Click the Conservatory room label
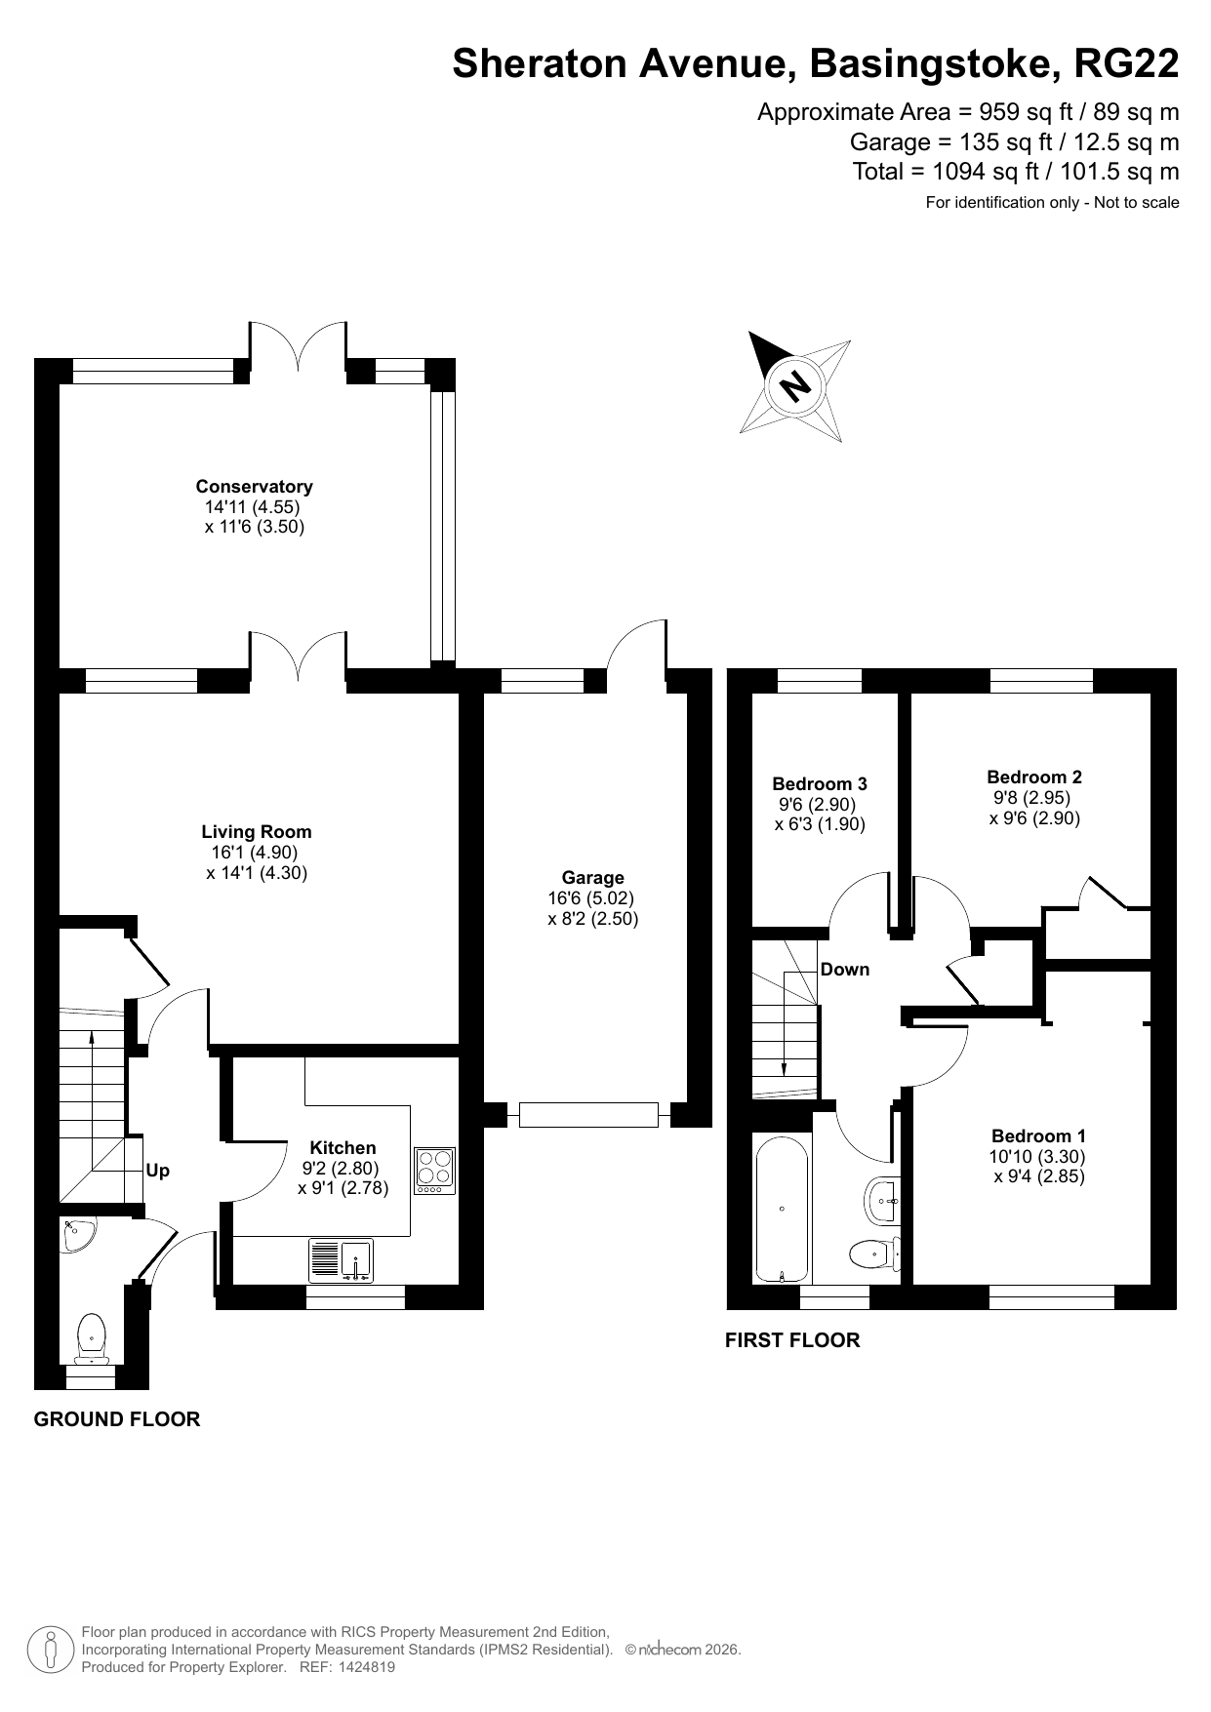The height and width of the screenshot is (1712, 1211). click(x=254, y=487)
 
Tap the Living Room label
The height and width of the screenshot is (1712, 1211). click(x=257, y=832)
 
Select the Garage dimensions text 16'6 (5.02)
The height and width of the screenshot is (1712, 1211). click(x=592, y=897)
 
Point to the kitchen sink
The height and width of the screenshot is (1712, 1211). click(x=341, y=1259)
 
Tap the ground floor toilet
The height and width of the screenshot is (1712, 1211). click(x=91, y=1337)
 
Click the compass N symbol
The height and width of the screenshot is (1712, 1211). click(x=795, y=385)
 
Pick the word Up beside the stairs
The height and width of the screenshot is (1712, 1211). click(x=157, y=1171)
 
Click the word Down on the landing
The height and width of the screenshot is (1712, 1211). click(x=845, y=970)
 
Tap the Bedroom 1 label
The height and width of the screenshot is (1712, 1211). click(x=1038, y=1135)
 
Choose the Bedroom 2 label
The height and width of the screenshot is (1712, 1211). click(x=1034, y=777)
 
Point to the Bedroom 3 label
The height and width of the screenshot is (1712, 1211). click(x=820, y=783)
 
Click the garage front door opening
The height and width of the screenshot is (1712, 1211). click(x=588, y=1114)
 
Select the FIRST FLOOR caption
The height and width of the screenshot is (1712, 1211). click(x=792, y=1340)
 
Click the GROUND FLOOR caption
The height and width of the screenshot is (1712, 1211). click(x=117, y=1419)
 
